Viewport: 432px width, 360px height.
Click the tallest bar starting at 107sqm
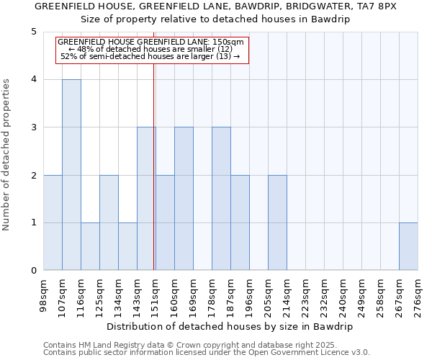(71, 175)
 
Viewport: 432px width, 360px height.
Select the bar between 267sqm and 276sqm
(408, 246)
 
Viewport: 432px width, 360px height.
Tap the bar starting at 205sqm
(277, 222)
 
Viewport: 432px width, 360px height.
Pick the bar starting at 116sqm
(90, 246)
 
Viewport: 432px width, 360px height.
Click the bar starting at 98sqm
(53, 222)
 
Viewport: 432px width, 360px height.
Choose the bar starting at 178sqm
(221, 199)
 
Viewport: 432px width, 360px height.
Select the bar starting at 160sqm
(184, 199)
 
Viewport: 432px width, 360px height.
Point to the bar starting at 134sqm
(127, 246)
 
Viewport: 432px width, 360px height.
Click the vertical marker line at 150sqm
(154, 166)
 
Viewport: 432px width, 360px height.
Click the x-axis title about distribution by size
(230, 326)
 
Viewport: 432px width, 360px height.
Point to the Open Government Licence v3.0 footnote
(207, 353)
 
